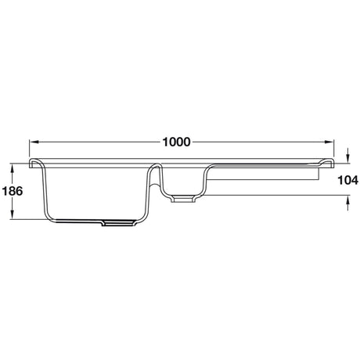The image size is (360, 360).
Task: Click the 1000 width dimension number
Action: click(177, 142)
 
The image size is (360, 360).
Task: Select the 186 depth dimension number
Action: click(13, 191)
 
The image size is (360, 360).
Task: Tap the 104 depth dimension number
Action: click(347, 180)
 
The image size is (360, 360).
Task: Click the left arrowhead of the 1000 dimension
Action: click(34, 142)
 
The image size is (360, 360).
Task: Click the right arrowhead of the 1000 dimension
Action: click(330, 142)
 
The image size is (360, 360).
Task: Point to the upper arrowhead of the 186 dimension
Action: click(13, 167)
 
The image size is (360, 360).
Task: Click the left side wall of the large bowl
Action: click(45, 192)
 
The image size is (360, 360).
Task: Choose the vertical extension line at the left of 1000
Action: click(29, 149)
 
